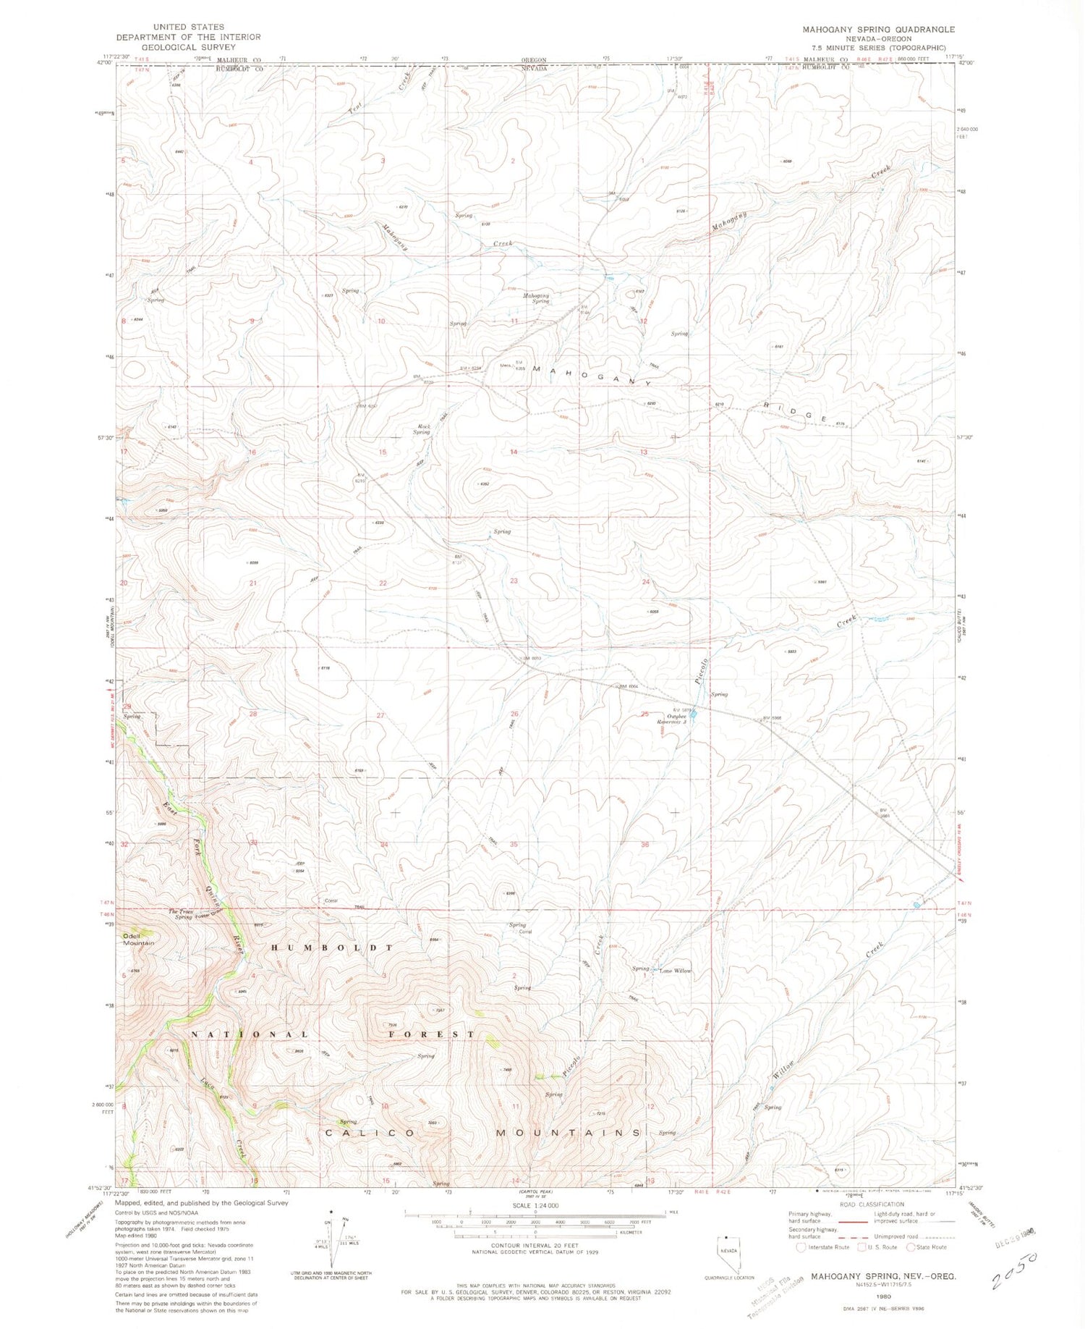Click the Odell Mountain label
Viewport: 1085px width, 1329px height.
138,939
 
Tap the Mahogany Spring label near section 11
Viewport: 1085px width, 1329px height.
537,298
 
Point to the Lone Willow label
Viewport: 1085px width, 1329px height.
675,971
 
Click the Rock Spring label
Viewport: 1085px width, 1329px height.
422,429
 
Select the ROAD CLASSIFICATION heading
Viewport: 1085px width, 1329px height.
872,1204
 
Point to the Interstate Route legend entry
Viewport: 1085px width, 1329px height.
822,1247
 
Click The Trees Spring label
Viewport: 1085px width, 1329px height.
181,914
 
